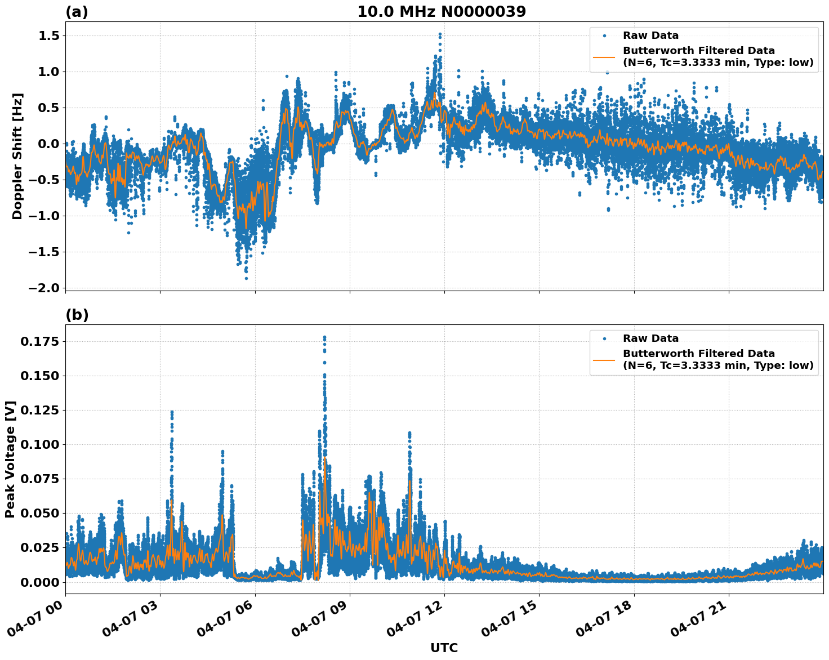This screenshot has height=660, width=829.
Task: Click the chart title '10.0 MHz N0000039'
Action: [x=442, y=12]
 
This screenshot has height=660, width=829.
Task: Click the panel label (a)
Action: [x=77, y=12]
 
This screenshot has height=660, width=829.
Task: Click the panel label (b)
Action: [x=77, y=315]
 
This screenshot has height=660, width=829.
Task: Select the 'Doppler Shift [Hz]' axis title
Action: [x=17, y=156]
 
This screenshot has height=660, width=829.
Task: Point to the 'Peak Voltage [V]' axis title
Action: [x=10, y=459]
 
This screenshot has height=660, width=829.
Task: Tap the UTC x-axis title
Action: [x=444, y=648]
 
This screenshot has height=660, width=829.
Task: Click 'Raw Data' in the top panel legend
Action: [x=650, y=35]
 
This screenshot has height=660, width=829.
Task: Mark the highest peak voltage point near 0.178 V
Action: [x=324, y=337]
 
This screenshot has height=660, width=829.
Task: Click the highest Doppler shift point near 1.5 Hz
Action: [x=440, y=34]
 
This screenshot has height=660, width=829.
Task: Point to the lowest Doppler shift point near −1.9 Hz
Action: [x=246, y=278]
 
